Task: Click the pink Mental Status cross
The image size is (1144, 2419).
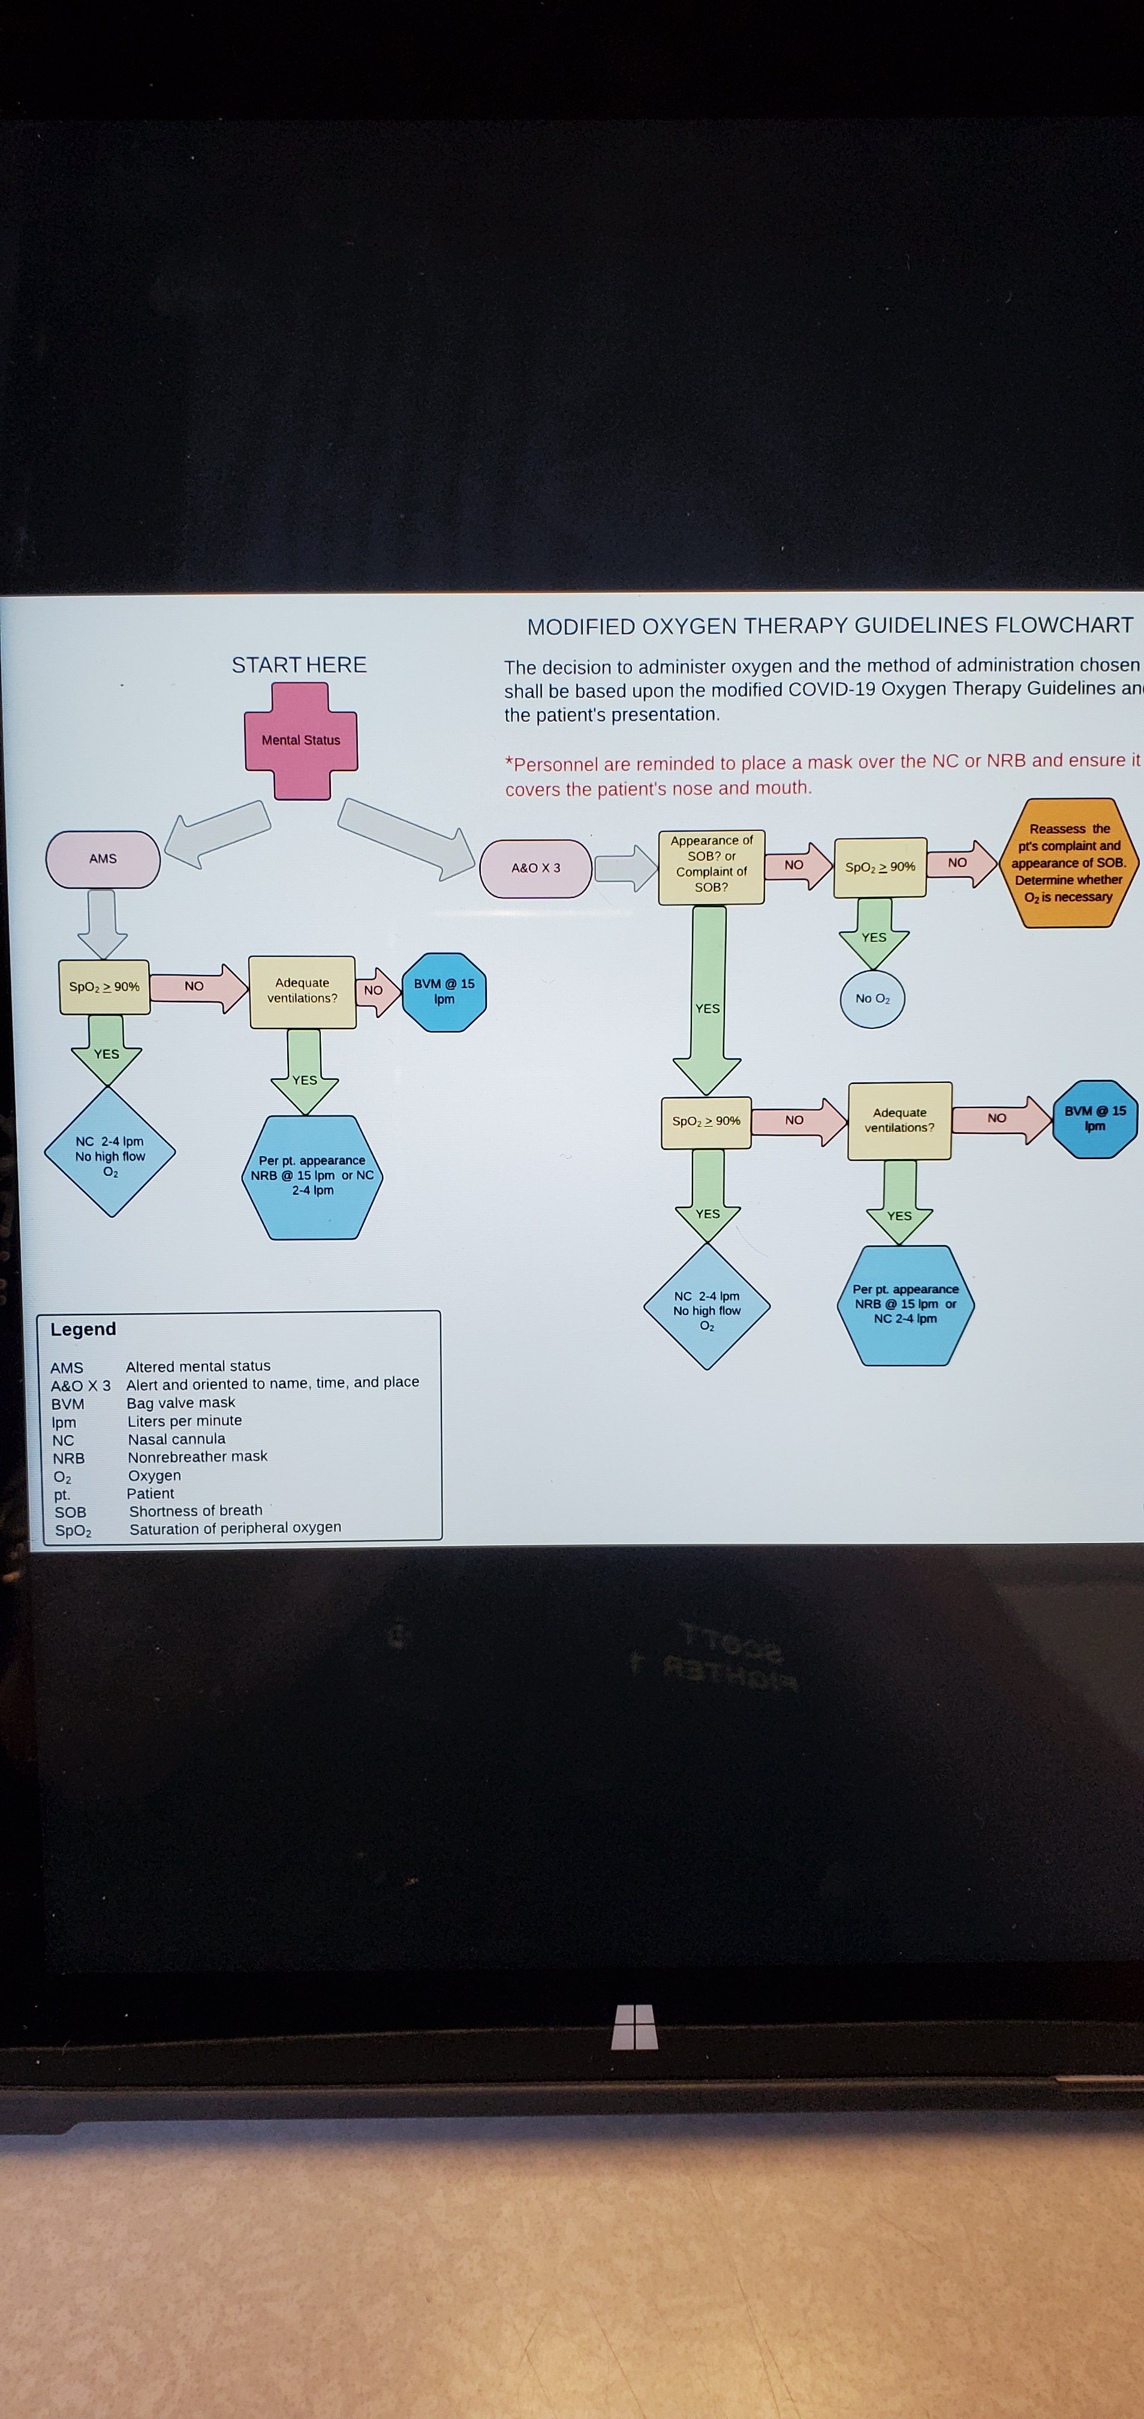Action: [300, 741]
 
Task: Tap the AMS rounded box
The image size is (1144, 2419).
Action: [103, 859]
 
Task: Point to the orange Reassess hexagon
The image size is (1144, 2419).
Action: [1069, 863]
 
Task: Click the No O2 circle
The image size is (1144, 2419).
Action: [873, 999]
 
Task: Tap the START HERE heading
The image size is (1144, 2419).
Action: [299, 665]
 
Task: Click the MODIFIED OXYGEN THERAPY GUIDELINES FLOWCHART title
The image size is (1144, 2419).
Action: [830, 625]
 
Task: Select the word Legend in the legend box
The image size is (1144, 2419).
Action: [83, 1329]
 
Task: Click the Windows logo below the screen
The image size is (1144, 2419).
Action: [634, 2027]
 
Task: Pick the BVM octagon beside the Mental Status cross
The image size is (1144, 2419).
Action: [444, 992]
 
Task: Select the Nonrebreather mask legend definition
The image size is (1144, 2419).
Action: [198, 1457]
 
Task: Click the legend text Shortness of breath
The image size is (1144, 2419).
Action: [196, 1511]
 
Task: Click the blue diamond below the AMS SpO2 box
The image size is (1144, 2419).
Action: [111, 1153]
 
